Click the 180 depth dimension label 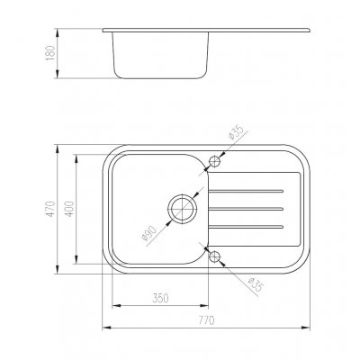[50, 53]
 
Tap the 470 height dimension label [50, 209]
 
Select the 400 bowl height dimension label [69, 209]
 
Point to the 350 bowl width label [160, 298]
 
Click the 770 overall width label [206, 320]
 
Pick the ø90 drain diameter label [149, 234]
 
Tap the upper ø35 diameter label [236, 133]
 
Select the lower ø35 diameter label [255, 284]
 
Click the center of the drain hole [182, 209]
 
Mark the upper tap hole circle [214, 162]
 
